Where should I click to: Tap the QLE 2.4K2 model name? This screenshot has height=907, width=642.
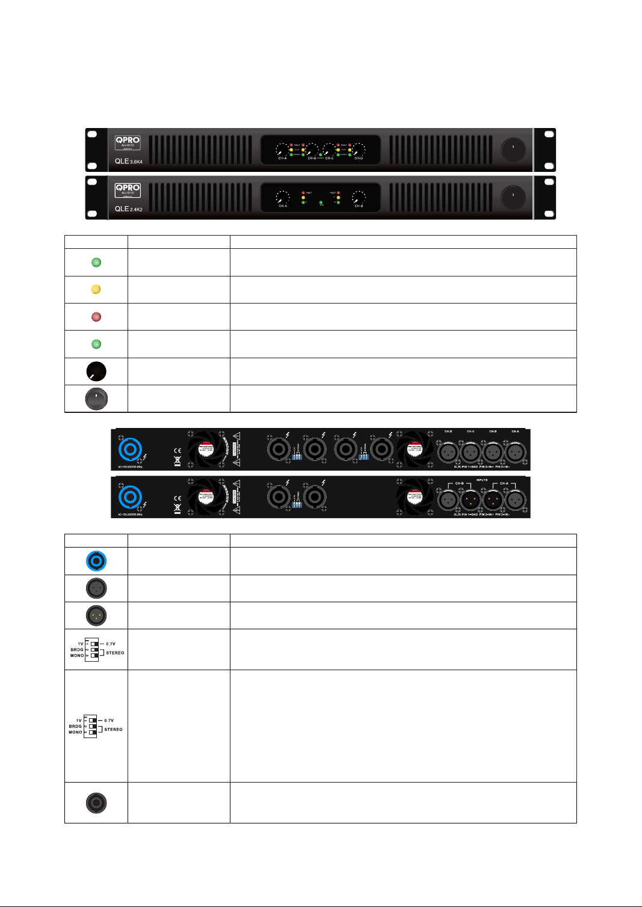[128, 209]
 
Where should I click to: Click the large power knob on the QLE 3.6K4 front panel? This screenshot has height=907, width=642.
[513, 150]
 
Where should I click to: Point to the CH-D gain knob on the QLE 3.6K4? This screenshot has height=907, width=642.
[359, 149]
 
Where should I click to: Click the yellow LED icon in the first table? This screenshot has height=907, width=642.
[96, 289]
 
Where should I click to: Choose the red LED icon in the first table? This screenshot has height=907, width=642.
[96, 317]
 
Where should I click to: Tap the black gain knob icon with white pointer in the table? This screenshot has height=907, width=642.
[96, 371]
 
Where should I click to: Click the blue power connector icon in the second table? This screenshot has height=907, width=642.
[96, 561]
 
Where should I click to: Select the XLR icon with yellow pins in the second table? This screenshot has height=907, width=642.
[96, 615]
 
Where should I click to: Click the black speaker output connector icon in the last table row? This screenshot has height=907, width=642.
[96, 802]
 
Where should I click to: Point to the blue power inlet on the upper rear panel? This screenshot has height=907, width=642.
[130, 450]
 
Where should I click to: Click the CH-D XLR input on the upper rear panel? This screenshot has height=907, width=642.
[448, 451]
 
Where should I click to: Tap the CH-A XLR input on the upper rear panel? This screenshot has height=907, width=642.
[515, 451]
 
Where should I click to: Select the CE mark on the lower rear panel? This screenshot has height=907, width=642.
[177, 498]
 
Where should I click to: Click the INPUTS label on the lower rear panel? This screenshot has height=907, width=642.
[482, 480]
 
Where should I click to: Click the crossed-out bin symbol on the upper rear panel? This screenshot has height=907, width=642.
[177, 461]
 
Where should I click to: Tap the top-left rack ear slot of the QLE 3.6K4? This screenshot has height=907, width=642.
[92, 135]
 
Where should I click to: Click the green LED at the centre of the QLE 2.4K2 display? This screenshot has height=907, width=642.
[321, 203]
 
